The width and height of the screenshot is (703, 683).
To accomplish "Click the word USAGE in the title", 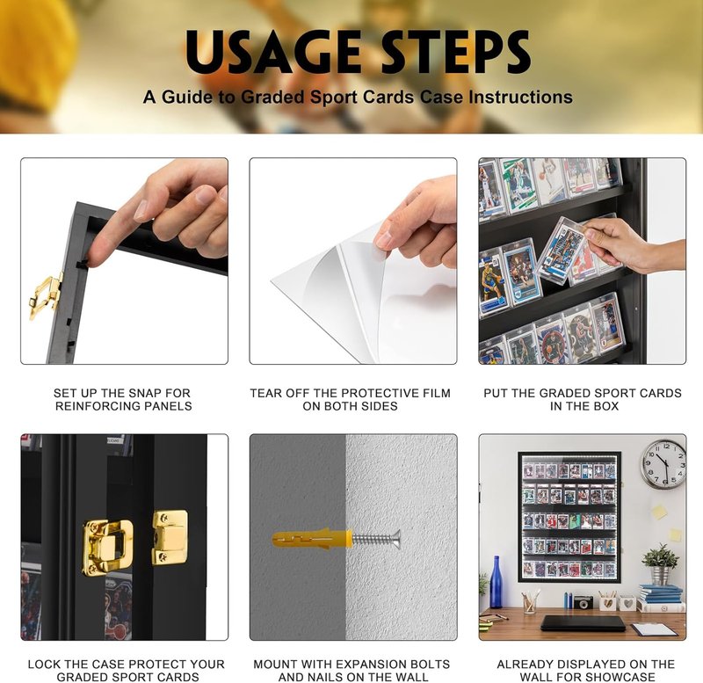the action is tap(273, 52).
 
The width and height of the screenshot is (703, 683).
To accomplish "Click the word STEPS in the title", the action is tap(456, 52).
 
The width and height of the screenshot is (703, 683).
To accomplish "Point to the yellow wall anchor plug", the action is tap(312, 539).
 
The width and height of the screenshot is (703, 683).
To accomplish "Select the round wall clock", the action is tap(663, 465).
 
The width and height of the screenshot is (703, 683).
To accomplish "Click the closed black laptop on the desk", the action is tap(583, 623).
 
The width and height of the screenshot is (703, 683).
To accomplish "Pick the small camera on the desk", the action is tap(583, 602).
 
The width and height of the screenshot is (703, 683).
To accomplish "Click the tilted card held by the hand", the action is tap(561, 248).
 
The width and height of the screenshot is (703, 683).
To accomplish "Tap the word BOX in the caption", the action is tap(606, 406).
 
